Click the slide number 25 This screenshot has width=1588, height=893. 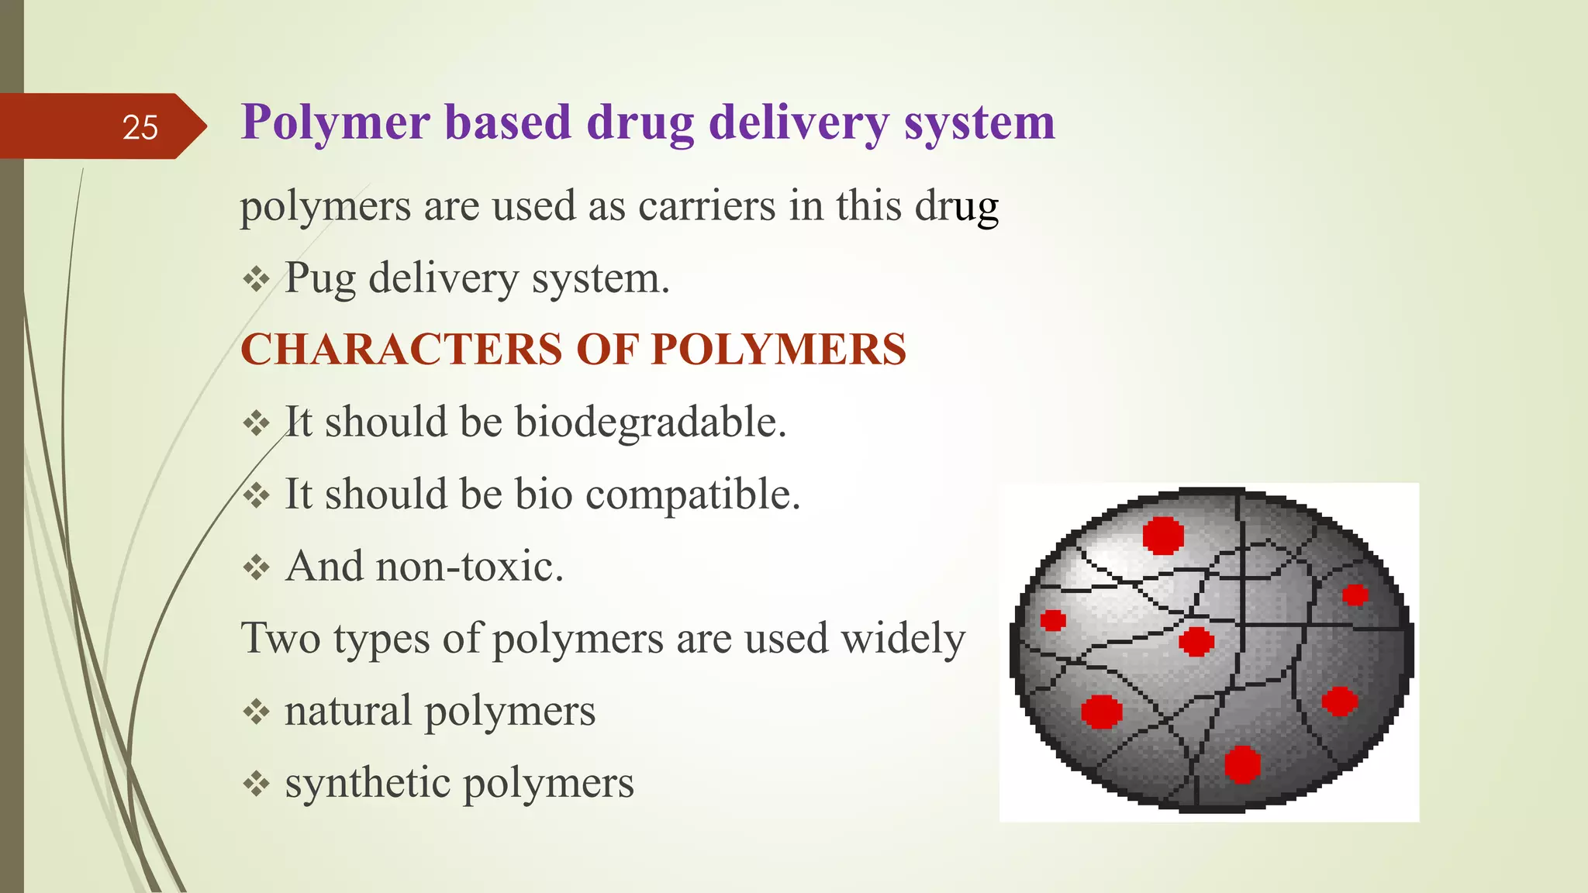[x=140, y=127]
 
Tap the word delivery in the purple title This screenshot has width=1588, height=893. [x=799, y=124]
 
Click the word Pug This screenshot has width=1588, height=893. [x=320, y=279]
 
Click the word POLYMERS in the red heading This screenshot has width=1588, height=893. [x=778, y=350]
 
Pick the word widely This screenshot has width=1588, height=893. [x=903, y=639]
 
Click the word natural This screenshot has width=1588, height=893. [x=347, y=711]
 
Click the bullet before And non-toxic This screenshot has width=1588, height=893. [x=256, y=568]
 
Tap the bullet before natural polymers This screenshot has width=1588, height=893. [x=256, y=712]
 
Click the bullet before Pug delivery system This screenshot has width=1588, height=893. [x=256, y=279]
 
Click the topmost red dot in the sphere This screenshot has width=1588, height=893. [x=1163, y=535]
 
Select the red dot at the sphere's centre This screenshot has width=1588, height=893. [x=1196, y=642]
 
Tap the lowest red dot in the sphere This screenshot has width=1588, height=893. [x=1242, y=764]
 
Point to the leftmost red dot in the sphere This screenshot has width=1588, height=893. [x=1052, y=620]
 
